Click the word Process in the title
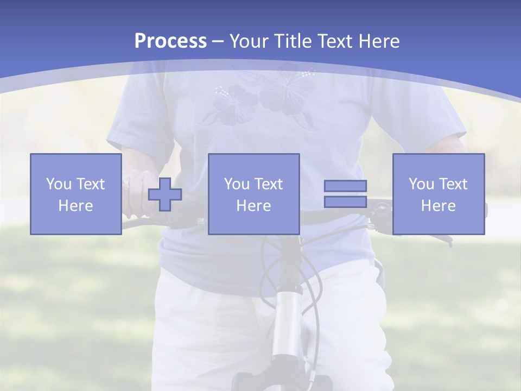tap(170, 41)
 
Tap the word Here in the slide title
tap(378, 41)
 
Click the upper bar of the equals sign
tap(345, 186)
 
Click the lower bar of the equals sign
tap(345, 201)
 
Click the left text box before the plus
tap(76, 194)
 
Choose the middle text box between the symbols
tap(254, 194)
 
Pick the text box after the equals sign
tap(439, 194)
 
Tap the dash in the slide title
tap(218, 41)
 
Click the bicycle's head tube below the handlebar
tap(287, 320)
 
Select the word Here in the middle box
tap(254, 206)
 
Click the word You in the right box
tap(421, 184)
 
